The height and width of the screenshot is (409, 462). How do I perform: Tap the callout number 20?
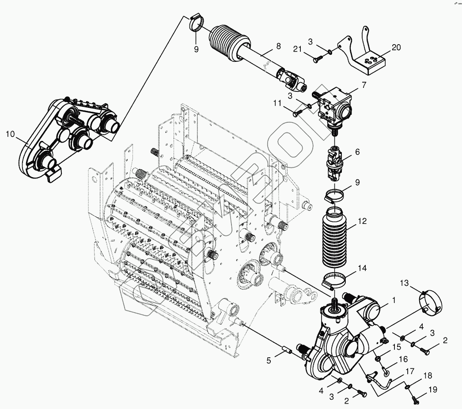click(x=396, y=48)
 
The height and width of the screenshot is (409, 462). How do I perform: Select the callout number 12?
click(x=362, y=222)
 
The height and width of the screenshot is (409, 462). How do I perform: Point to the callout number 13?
click(x=405, y=283)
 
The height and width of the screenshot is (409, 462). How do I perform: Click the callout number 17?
click(x=410, y=371)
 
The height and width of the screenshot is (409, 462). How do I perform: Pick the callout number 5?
click(x=269, y=360)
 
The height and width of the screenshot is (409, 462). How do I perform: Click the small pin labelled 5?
click(x=285, y=351)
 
